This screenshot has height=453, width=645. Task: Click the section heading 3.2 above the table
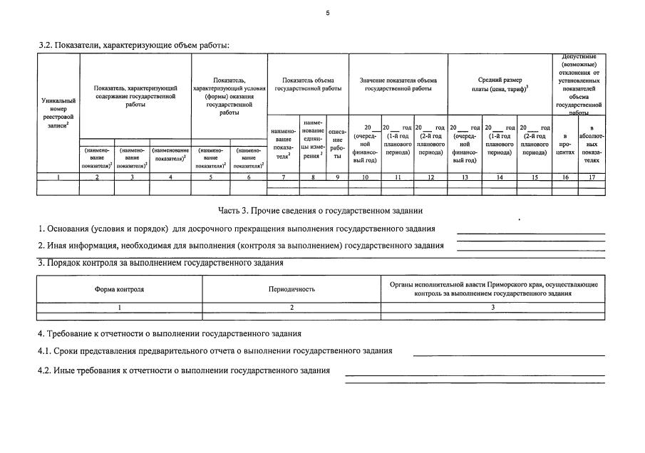click(134, 46)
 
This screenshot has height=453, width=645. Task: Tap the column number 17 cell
click(592, 177)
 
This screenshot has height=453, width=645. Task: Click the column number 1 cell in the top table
click(58, 177)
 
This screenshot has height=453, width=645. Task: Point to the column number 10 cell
click(365, 177)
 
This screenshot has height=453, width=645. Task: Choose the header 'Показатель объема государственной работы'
click(307, 85)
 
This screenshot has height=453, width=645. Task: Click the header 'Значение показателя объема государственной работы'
click(398, 85)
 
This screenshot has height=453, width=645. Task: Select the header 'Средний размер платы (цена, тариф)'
click(500, 85)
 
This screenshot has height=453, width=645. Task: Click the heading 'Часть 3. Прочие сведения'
click(320, 211)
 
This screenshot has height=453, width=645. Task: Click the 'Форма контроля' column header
click(119, 289)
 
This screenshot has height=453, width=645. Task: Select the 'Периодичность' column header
click(291, 289)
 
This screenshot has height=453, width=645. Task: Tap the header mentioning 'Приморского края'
click(493, 288)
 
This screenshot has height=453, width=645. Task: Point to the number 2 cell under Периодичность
click(291, 307)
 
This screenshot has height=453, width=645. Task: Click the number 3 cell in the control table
click(493, 307)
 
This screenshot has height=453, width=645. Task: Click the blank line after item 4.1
click(508, 354)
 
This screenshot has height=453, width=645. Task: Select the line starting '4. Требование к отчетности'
click(169, 333)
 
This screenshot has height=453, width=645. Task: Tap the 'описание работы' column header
click(338, 143)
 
